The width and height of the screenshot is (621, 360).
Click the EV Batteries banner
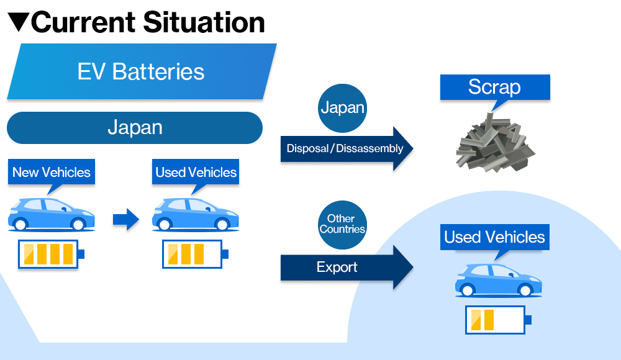[142, 71]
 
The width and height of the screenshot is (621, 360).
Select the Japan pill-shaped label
[135, 127]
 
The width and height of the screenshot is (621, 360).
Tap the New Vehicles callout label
[52, 172]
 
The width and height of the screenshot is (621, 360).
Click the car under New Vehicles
[52, 214]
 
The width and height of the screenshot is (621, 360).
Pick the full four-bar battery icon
[51, 254]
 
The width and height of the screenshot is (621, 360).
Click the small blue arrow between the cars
[126, 219]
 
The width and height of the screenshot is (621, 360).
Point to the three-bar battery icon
[195, 254]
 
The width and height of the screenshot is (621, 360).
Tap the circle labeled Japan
[343, 108]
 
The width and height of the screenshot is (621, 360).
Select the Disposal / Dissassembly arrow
[347, 148]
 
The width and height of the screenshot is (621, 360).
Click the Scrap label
[495, 87]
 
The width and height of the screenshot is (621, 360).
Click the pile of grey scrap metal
[495, 143]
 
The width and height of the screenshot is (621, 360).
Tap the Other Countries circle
[343, 225]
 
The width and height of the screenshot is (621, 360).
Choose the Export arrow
[347, 268]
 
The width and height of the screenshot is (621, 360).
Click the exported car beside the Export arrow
[498, 281]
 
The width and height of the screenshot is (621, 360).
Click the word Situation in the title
[204, 22]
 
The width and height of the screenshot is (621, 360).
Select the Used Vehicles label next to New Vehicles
[196, 172]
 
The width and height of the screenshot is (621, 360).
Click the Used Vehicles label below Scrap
[495, 237]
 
